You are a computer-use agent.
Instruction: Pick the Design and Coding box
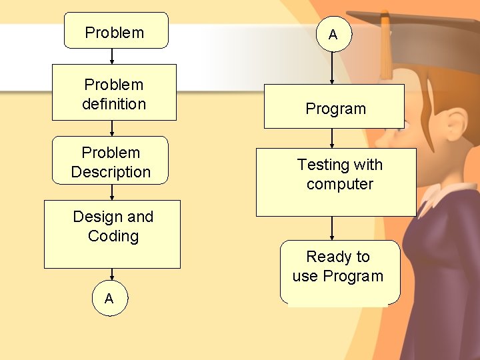112,234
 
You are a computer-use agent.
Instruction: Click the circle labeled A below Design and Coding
109,299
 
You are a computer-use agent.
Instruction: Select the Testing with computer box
336,181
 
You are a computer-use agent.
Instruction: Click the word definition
114,104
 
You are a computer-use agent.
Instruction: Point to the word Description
111,172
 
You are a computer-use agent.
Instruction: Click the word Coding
113,236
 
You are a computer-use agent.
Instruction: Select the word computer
340,184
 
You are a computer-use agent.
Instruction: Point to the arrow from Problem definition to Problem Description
112,128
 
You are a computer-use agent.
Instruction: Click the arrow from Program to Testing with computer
332,138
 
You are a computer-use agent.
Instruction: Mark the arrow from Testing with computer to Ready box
332,228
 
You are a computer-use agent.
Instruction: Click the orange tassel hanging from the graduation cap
385,50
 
